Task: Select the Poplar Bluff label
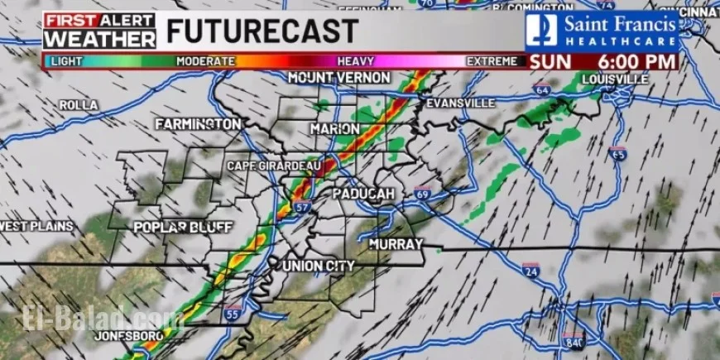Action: [x=183, y=227]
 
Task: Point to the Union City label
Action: [x=319, y=266]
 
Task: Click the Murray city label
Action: [x=396, y=244]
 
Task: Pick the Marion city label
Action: [x=335, y=129]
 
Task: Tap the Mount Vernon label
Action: [x=338, y=77]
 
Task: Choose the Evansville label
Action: [x=459, y=103]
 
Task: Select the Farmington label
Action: [x=198, y=123]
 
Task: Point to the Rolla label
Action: [x=79, y=105]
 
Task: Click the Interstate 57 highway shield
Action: [x=303, y=206]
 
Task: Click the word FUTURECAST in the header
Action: [x=262, y=31]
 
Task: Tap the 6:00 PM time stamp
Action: [x=632, y=60]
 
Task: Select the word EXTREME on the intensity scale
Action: [x=492, y=61]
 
